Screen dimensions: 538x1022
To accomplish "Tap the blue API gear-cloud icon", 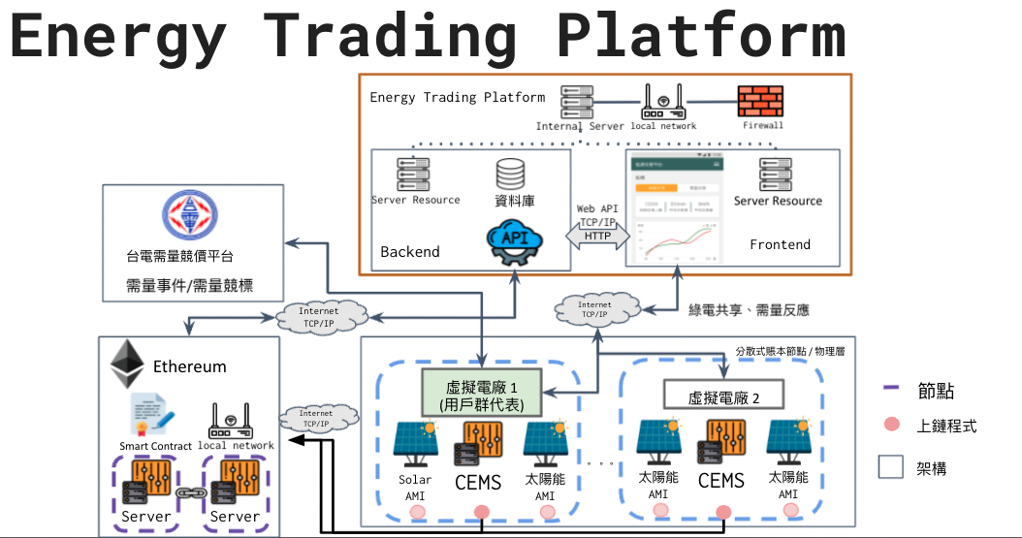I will (515, 242).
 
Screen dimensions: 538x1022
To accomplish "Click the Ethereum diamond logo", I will (125, 364).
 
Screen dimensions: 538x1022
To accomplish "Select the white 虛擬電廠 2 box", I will (722, 396).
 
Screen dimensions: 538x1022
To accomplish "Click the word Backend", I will (410, 252).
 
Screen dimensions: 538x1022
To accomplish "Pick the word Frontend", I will (780, 244).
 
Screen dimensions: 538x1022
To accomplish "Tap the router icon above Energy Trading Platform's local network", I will (663, 100).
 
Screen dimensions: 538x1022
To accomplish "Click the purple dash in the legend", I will (893, 390).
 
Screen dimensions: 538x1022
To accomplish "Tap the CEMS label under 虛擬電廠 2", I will (721, 481).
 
